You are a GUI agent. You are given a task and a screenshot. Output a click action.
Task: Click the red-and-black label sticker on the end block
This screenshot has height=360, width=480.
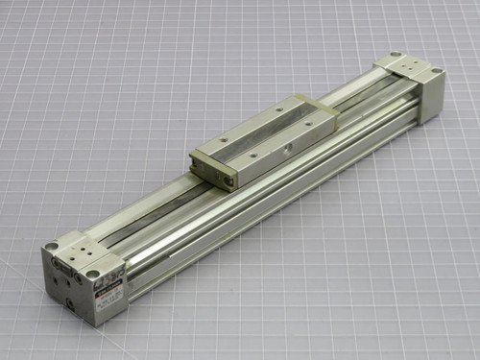coord(112,285)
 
